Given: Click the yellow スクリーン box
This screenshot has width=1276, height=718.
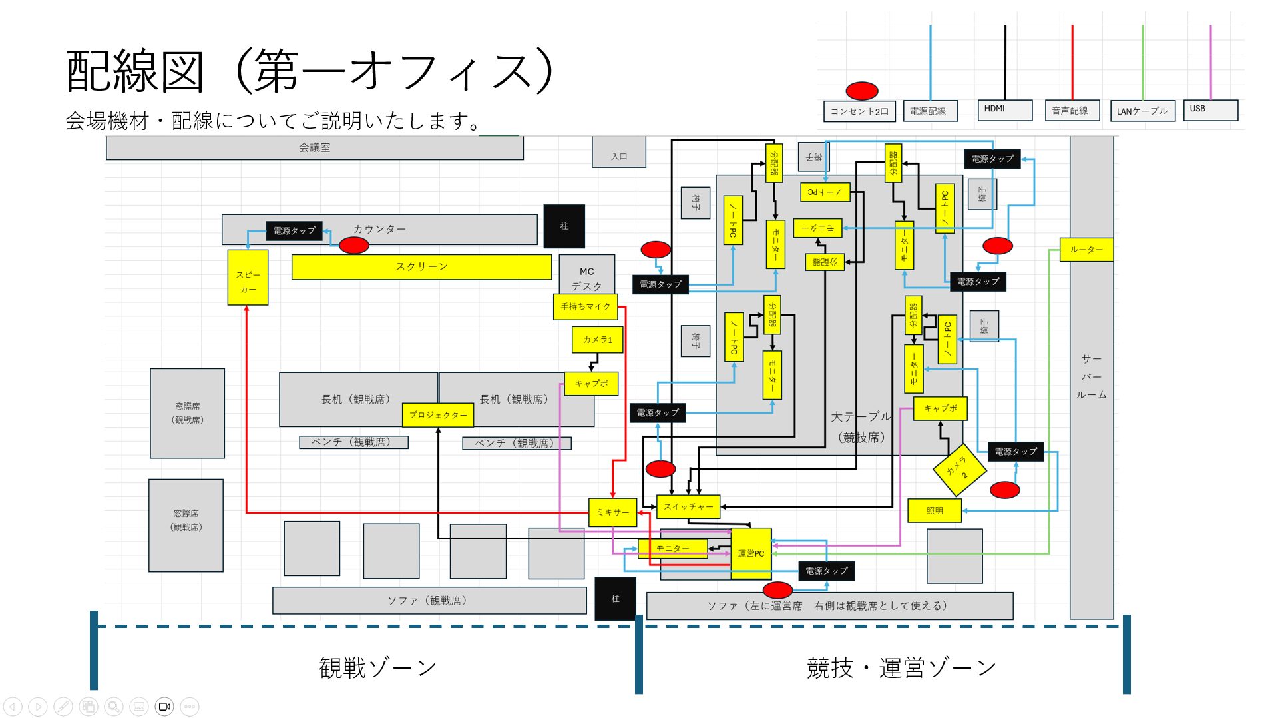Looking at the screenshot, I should point(421,266).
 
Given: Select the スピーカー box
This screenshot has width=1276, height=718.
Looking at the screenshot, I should point(248,278).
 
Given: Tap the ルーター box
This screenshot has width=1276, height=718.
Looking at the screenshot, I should point(1086,250).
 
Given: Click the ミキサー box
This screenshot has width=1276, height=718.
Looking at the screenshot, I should point(612,512).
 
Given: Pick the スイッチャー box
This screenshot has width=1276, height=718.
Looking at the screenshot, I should point(688,507).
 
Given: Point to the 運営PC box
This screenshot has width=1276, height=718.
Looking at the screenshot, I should point(751,553).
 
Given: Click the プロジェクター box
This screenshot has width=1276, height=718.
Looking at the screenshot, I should point(437,415).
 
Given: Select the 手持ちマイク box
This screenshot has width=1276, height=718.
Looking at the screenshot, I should point(585,306).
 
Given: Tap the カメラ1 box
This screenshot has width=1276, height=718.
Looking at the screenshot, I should point(597,340).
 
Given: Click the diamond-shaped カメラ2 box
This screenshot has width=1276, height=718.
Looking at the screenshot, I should point(958,470).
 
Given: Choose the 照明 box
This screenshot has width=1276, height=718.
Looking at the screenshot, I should point(935,511).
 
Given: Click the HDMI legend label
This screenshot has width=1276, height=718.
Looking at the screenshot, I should point(1004,109).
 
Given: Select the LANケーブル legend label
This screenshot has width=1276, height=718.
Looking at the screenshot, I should point(1142,111).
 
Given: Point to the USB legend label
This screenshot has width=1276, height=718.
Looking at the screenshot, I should point(1210,109).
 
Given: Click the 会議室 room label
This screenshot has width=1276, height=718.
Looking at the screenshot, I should point(314,147).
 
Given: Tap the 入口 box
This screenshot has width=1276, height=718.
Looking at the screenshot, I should point(619,153).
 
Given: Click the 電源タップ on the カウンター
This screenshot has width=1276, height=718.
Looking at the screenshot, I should point(294,231).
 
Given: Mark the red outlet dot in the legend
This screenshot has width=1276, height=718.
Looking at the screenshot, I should point(861,91).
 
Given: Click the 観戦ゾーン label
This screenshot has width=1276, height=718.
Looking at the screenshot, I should point(377,667).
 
